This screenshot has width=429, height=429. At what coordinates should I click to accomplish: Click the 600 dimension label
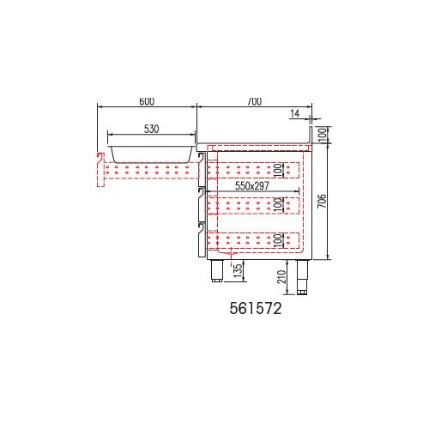(x=147, y=101)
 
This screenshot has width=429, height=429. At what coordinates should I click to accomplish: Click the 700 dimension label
(x=254, y=101)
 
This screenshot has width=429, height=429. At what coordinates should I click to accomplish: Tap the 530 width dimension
(x=151, y=129)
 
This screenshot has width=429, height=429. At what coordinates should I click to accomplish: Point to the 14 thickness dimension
(x=295, y=113)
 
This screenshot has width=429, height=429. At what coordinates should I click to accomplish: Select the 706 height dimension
(x=322, y=201)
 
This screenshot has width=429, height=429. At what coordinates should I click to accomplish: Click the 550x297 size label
(x=252, y=186)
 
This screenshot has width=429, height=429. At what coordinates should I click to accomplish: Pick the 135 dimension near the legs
(x=238, y=270)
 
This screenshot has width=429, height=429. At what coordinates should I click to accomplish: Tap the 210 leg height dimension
(x=281, y=276)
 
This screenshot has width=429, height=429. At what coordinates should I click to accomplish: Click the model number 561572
(x=256, y=309)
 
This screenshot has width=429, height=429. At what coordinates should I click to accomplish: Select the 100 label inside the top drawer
(x=278, y=170)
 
